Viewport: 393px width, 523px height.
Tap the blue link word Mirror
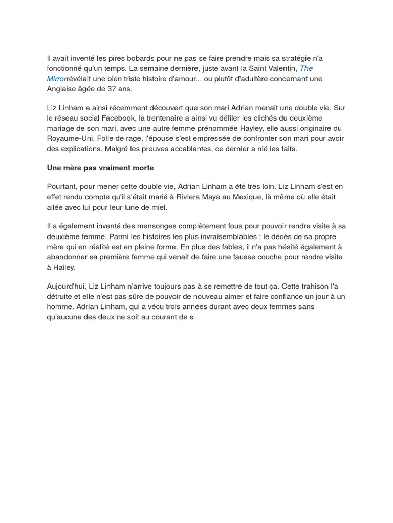[x=57, y=79]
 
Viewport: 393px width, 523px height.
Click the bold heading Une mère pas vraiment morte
[x=100, y=168]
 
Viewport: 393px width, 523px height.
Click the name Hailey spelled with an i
[x=64, y=267]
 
